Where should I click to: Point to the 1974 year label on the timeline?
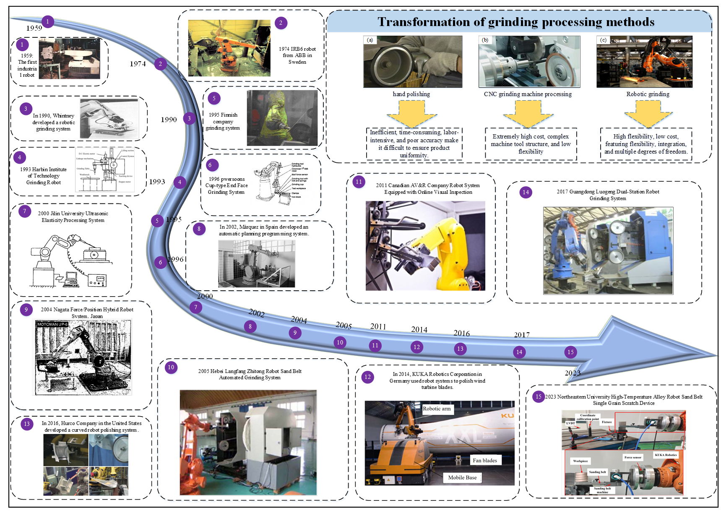point(138,64)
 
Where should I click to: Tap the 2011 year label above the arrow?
point(378,326)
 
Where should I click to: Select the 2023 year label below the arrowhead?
point(573,373)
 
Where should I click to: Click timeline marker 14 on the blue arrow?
point(519,352)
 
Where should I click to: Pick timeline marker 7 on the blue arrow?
point(195,307)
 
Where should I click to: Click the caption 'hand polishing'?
point(411,94)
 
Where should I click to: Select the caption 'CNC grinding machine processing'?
point(528,94)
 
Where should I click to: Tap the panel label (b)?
point(485,40)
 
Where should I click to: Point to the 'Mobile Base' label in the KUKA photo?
point(462,477)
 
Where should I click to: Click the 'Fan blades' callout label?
point(484,460)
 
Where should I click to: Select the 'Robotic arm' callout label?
point(437,409)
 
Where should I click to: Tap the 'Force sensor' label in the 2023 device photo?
point(633,457)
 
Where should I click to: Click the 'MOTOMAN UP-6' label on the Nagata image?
point(52,324)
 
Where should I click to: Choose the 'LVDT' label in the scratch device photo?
point(570,423)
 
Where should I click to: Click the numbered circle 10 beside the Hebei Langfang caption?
point(171,368)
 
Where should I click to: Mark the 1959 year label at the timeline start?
point(34,28)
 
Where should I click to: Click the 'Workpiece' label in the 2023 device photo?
point(580,461)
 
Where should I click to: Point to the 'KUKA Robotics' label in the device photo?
point(666,455)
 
